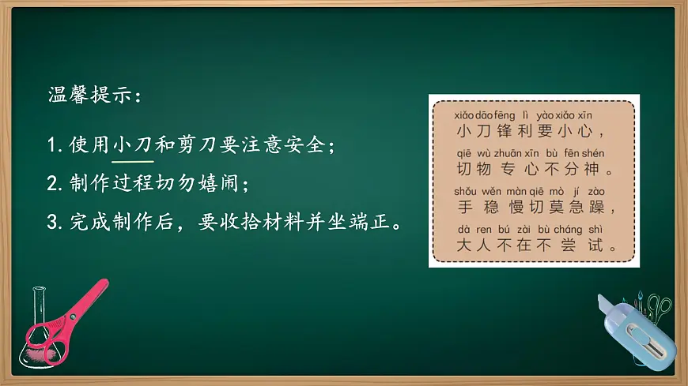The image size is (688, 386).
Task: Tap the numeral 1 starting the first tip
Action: coord(51,145)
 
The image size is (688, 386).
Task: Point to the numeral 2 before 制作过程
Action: coord(52,183)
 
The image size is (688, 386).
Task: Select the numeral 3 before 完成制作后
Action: coord(52,222)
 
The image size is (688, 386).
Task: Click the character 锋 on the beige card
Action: coord(508,129)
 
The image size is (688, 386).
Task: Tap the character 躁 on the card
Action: coord(598,207)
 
